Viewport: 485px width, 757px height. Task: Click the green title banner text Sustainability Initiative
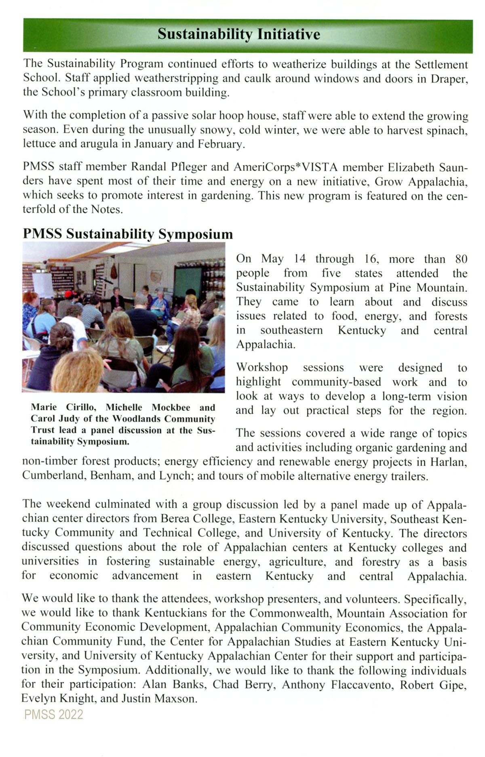(x=238, y=34)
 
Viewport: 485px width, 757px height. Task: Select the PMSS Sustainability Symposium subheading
(x=128, y=234)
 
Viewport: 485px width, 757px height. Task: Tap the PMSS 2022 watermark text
(x=53, y=715)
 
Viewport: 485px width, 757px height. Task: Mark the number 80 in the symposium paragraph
(x=461, y=259)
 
